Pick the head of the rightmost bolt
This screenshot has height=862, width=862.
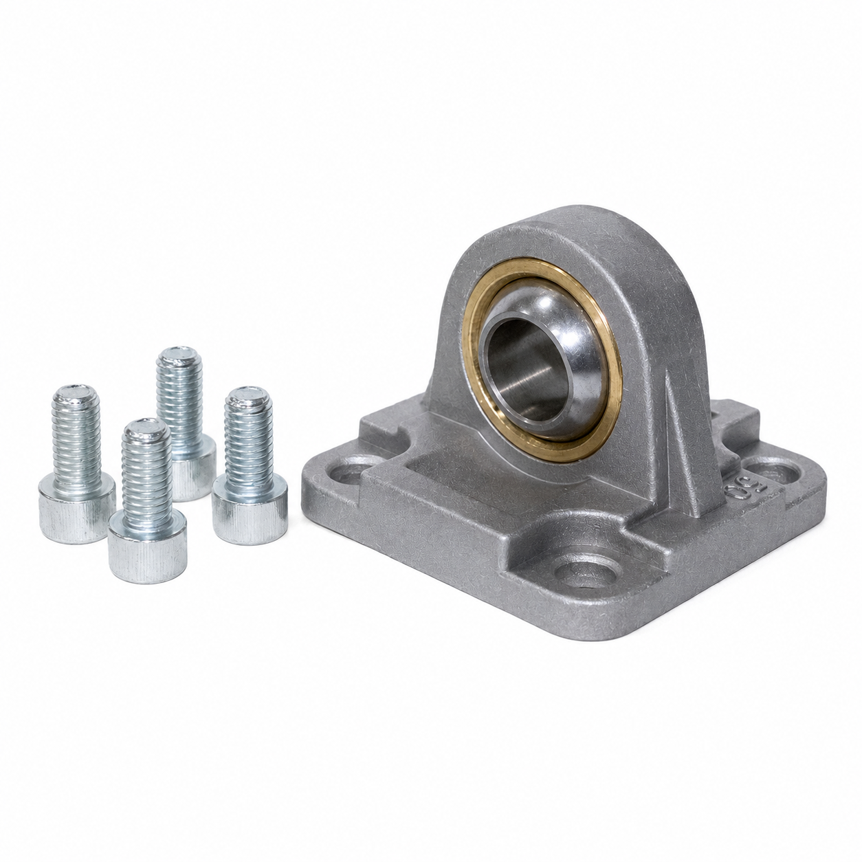coord(250,510)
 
